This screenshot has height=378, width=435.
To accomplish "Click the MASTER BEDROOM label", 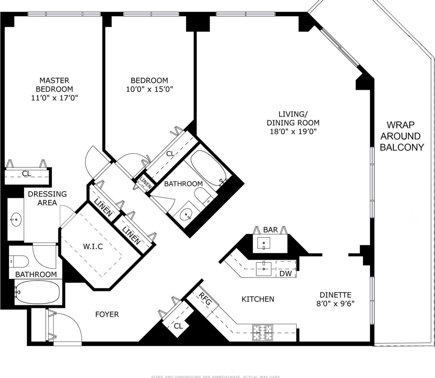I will pyautogui.click(x=54, y=85).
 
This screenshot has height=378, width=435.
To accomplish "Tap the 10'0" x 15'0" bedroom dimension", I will pyautogui.click(x=149, y=89).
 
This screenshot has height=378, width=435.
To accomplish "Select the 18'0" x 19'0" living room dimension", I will pyautogui.click(x=293, y=131).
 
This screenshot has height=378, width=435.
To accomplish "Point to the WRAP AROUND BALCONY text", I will pyautogui.click(x=401, y=136).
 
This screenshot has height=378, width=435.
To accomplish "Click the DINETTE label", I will pyautogui.click(x=335, y=295).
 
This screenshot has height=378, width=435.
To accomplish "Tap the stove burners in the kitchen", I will pyautogui.click(x=262, y=333).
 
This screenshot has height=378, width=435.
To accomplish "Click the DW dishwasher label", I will pyautogui.click(x=285, y=274).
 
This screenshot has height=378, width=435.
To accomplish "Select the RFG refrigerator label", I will pyautogui.click(x=205, y=299).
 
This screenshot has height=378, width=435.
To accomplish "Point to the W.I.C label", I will pyautogui.click(x=93, y=246).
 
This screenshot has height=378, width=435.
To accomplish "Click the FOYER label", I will pyautogui.click(x=107, y=314).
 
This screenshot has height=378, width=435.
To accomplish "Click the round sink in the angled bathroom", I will pyautogui.click(x=186, y=214).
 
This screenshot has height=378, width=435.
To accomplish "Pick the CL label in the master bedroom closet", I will pyautogui.click(x=26, y=174).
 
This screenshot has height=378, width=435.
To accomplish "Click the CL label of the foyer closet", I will pyautogui.click(x=178, y=326).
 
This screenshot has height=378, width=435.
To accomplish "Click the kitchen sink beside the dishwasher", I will pyautogui.click(x=263, y=268).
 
